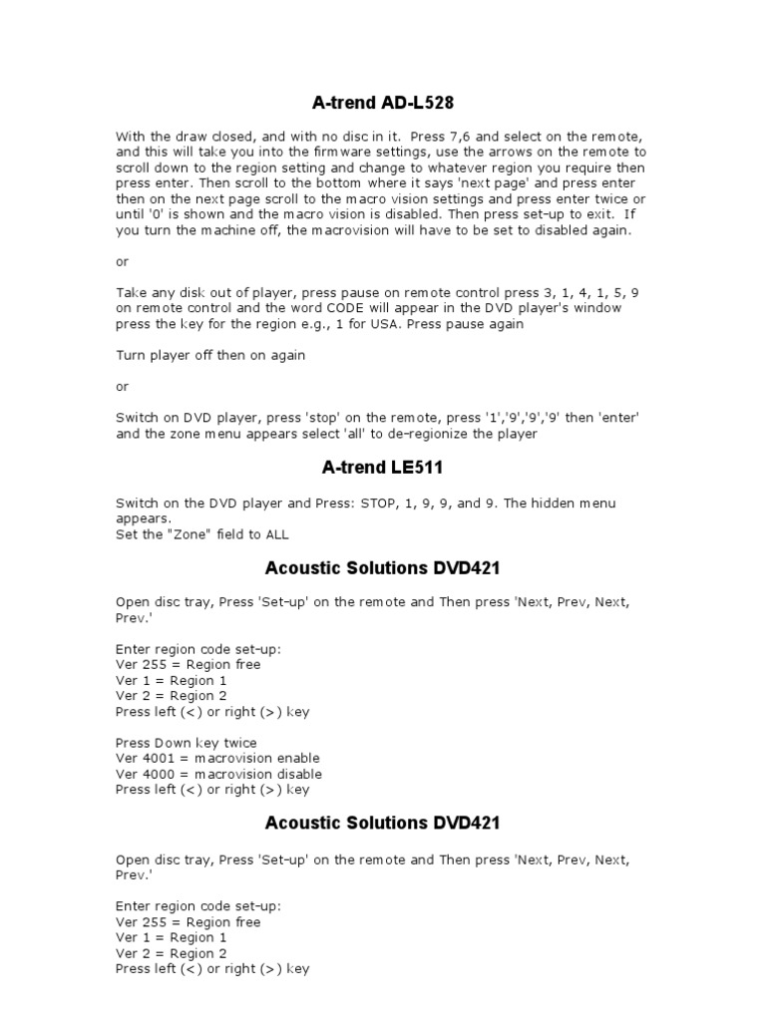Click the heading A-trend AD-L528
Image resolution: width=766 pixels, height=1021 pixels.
tap(382, 102)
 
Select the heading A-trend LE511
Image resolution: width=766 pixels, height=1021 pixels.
tap(382, 467)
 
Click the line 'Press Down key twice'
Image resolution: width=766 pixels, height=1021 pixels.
tap(187, 743)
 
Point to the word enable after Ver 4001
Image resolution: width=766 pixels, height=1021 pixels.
tap(300, 758)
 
